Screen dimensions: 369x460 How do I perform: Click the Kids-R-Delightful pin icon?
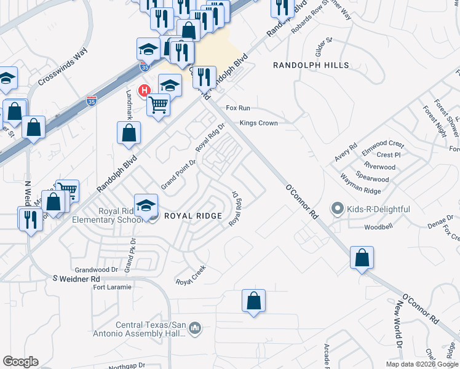(x=337, y=209)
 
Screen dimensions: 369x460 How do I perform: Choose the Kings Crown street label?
(x=258, y=123)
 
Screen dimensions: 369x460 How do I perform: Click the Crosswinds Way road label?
(x=63, y=71)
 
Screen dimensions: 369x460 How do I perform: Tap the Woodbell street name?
(x=377, y=227)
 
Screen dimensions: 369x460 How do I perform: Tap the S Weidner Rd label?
(x=76, y=279)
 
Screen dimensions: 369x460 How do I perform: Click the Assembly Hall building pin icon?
(x=196, y=328)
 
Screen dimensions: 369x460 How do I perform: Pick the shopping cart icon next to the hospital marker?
(x=158, y=105)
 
